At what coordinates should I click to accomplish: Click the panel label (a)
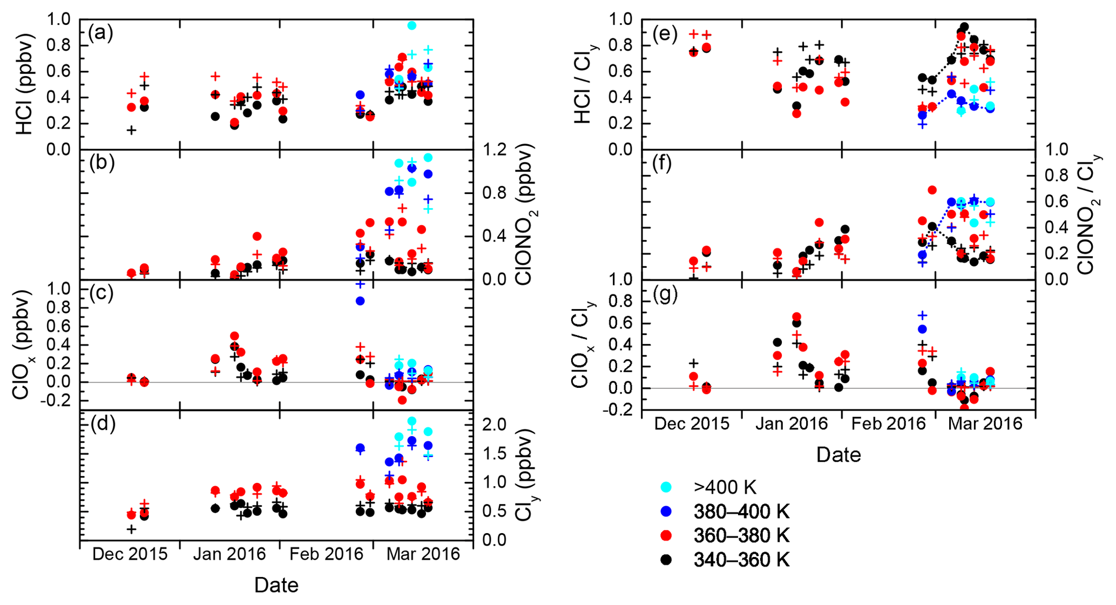coord(100,33)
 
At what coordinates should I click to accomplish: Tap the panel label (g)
coord(666,295)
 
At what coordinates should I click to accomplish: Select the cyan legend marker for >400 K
coord(666,487)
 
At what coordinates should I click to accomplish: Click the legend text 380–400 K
coord(741,511)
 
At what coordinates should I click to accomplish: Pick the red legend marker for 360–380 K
coord(666,535)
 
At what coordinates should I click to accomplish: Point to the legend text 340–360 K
coord(741,560)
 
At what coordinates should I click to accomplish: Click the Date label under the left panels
coord(276,585)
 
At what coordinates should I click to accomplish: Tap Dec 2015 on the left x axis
coord(130,554)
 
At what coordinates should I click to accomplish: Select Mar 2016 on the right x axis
coord(985,423)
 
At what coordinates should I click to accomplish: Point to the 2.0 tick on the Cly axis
coord(493,425)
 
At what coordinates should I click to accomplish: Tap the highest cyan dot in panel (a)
coord(411,25)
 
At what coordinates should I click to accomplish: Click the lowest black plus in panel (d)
coord(131,529)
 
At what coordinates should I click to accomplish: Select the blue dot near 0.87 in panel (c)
coord(360,301)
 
